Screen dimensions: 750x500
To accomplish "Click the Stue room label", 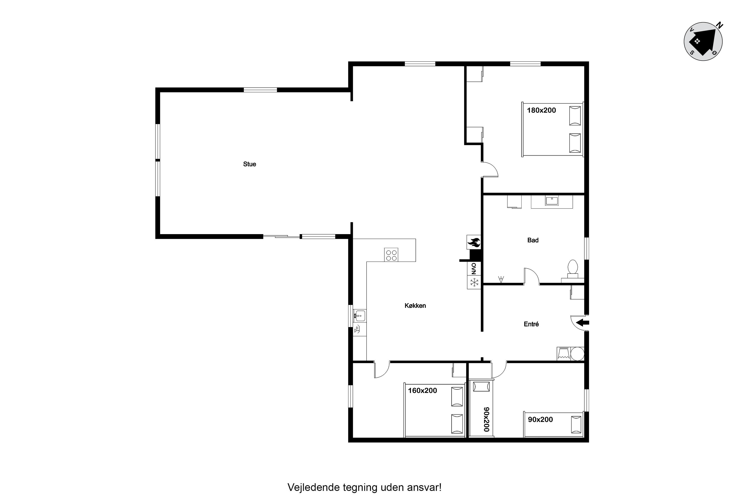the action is coord(249,164).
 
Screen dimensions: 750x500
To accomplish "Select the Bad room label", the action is coord(533,240).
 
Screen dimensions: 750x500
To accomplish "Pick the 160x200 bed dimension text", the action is coord(423,391).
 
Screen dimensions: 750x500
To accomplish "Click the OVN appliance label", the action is coord(474,268).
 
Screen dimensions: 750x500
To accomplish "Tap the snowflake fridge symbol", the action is coord(474,282).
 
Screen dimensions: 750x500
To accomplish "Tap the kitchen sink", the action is coord(359,316).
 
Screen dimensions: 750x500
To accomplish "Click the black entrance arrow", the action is coord(582,322).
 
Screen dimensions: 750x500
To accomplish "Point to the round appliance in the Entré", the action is coord(577,354).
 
